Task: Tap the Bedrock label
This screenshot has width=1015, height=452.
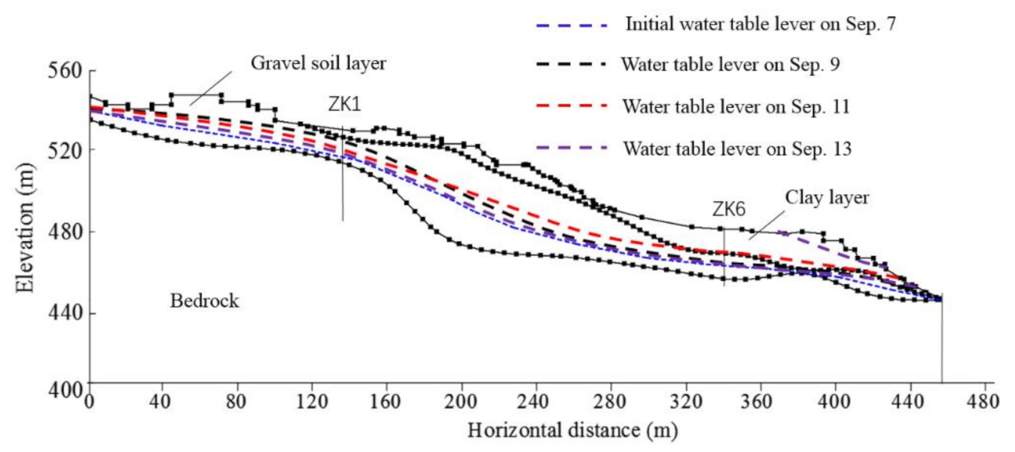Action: coord(204,301)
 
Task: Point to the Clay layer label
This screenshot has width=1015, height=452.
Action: coord(827,198)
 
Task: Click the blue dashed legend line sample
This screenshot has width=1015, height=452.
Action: coord(571,24)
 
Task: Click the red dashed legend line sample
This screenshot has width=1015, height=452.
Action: coord(571,106)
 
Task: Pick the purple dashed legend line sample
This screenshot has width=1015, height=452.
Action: coord(571,148)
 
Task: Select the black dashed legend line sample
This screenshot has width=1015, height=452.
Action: coord(571,65)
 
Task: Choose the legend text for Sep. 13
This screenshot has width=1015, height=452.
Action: coord(736,148)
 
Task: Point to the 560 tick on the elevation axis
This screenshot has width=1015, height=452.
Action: coord(64,71)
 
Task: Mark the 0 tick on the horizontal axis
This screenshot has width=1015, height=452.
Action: coord(90,402)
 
